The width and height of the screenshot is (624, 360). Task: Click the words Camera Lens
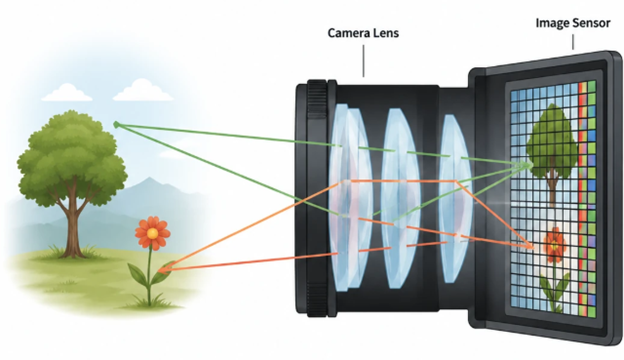point(363,33)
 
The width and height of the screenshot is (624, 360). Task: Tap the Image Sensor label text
point(573,23)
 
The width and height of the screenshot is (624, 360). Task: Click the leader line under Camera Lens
point(363,60)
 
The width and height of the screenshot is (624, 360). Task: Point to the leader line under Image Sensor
point(573,42)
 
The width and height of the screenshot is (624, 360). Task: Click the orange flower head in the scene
point(152,233)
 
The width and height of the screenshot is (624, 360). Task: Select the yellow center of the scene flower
point(152,234)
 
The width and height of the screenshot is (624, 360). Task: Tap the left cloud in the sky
point(66,92)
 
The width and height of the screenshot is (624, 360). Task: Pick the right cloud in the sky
point(143,90)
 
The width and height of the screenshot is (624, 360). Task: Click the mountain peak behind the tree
point(149,180)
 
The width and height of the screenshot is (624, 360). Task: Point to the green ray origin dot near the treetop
point(116,125)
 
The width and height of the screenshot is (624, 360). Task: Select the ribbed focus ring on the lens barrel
point(317,198)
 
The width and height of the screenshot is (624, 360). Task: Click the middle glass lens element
point(398,198)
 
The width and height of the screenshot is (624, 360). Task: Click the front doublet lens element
point(349,198)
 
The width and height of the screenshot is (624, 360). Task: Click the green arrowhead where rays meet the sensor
point(529,164)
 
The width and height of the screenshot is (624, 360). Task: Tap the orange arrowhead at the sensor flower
point(529,246)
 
